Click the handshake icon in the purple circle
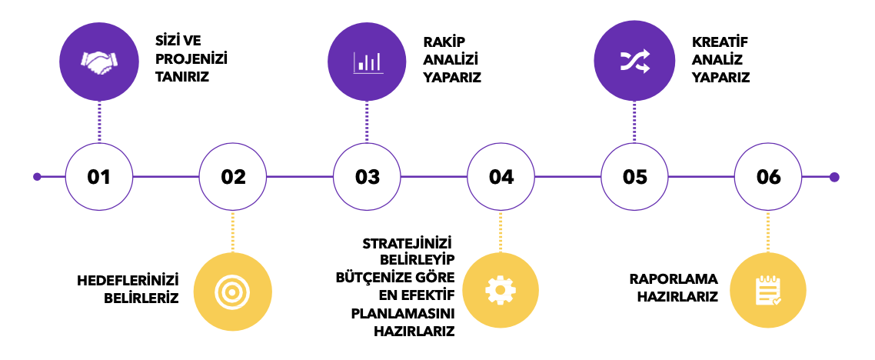(99, 62)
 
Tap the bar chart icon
(368, 62)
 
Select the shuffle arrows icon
(635, 61)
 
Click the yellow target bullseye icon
(232, 290)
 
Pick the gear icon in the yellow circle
(501, 289)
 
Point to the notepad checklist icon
(768, 289)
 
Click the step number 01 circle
(99, 177)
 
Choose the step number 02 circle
(233, 177)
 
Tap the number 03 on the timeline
(368, 177)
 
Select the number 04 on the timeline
(501, 177)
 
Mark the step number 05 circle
(635, 177)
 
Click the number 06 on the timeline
(769, 177)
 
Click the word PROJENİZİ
(191, 59)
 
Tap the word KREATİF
(720, 41)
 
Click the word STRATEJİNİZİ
(408, 244)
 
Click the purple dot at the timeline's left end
(37, 177)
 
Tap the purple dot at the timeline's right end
(834, 177)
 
